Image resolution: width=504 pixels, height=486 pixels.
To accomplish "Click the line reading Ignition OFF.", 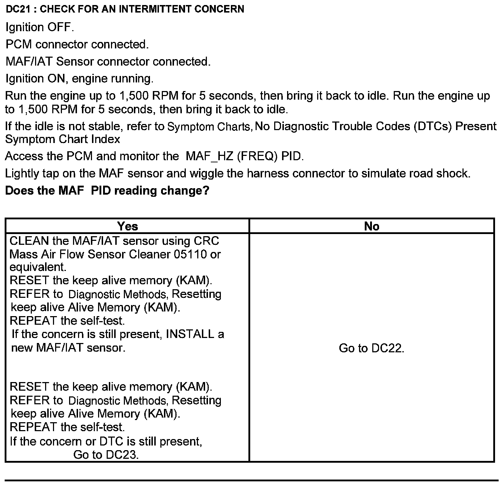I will coord(40,27).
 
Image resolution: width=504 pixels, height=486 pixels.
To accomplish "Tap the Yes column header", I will coord(127,226).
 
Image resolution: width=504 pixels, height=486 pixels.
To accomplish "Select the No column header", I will coord(372,226).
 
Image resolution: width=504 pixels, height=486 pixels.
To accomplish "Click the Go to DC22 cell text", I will coord(372,348).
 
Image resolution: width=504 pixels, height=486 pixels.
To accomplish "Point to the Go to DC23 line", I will coord(106,455).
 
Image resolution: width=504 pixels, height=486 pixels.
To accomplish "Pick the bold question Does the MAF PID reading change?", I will coord(107,190).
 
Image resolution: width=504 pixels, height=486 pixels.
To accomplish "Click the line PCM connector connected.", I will coord(77,44).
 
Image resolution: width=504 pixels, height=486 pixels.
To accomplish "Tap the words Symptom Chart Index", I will coord(63,139).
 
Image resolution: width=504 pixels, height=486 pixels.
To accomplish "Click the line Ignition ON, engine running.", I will coord(79,78).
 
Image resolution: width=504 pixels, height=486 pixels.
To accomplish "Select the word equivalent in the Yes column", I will coord(38,267).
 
